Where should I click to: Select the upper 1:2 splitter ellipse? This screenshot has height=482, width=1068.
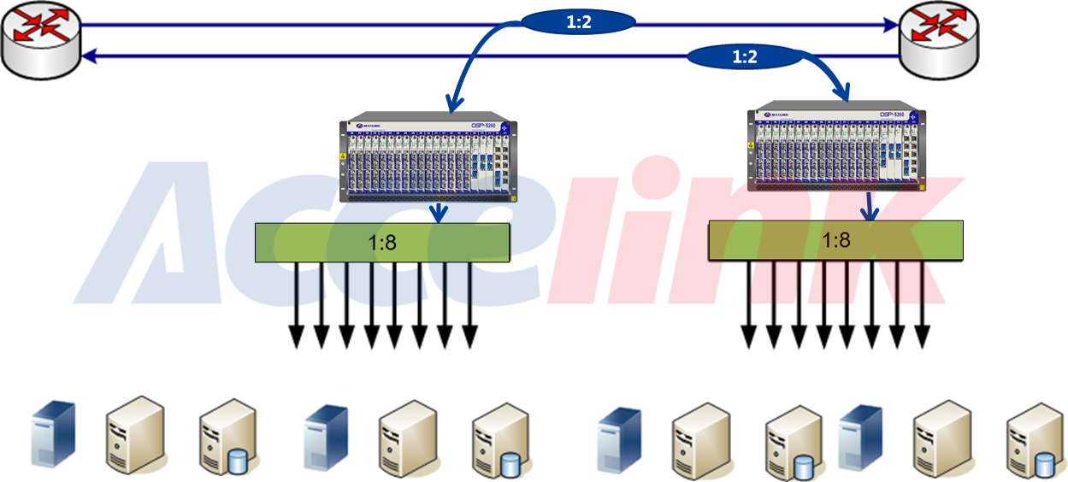click(579, 23)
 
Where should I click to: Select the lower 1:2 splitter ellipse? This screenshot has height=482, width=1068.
click(745, 58)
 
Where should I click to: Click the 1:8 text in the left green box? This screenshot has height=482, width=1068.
click(382, 243)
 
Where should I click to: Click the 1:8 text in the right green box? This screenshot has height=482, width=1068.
click(835, 240)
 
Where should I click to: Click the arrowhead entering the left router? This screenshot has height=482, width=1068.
click(90, 56)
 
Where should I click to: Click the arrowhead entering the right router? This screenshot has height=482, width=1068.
click(889, 26)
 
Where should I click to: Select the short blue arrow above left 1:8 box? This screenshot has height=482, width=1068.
click(439, 213)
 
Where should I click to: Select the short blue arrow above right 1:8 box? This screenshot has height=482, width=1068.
click(870, 208)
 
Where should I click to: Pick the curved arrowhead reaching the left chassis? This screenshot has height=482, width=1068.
click(450, 105)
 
